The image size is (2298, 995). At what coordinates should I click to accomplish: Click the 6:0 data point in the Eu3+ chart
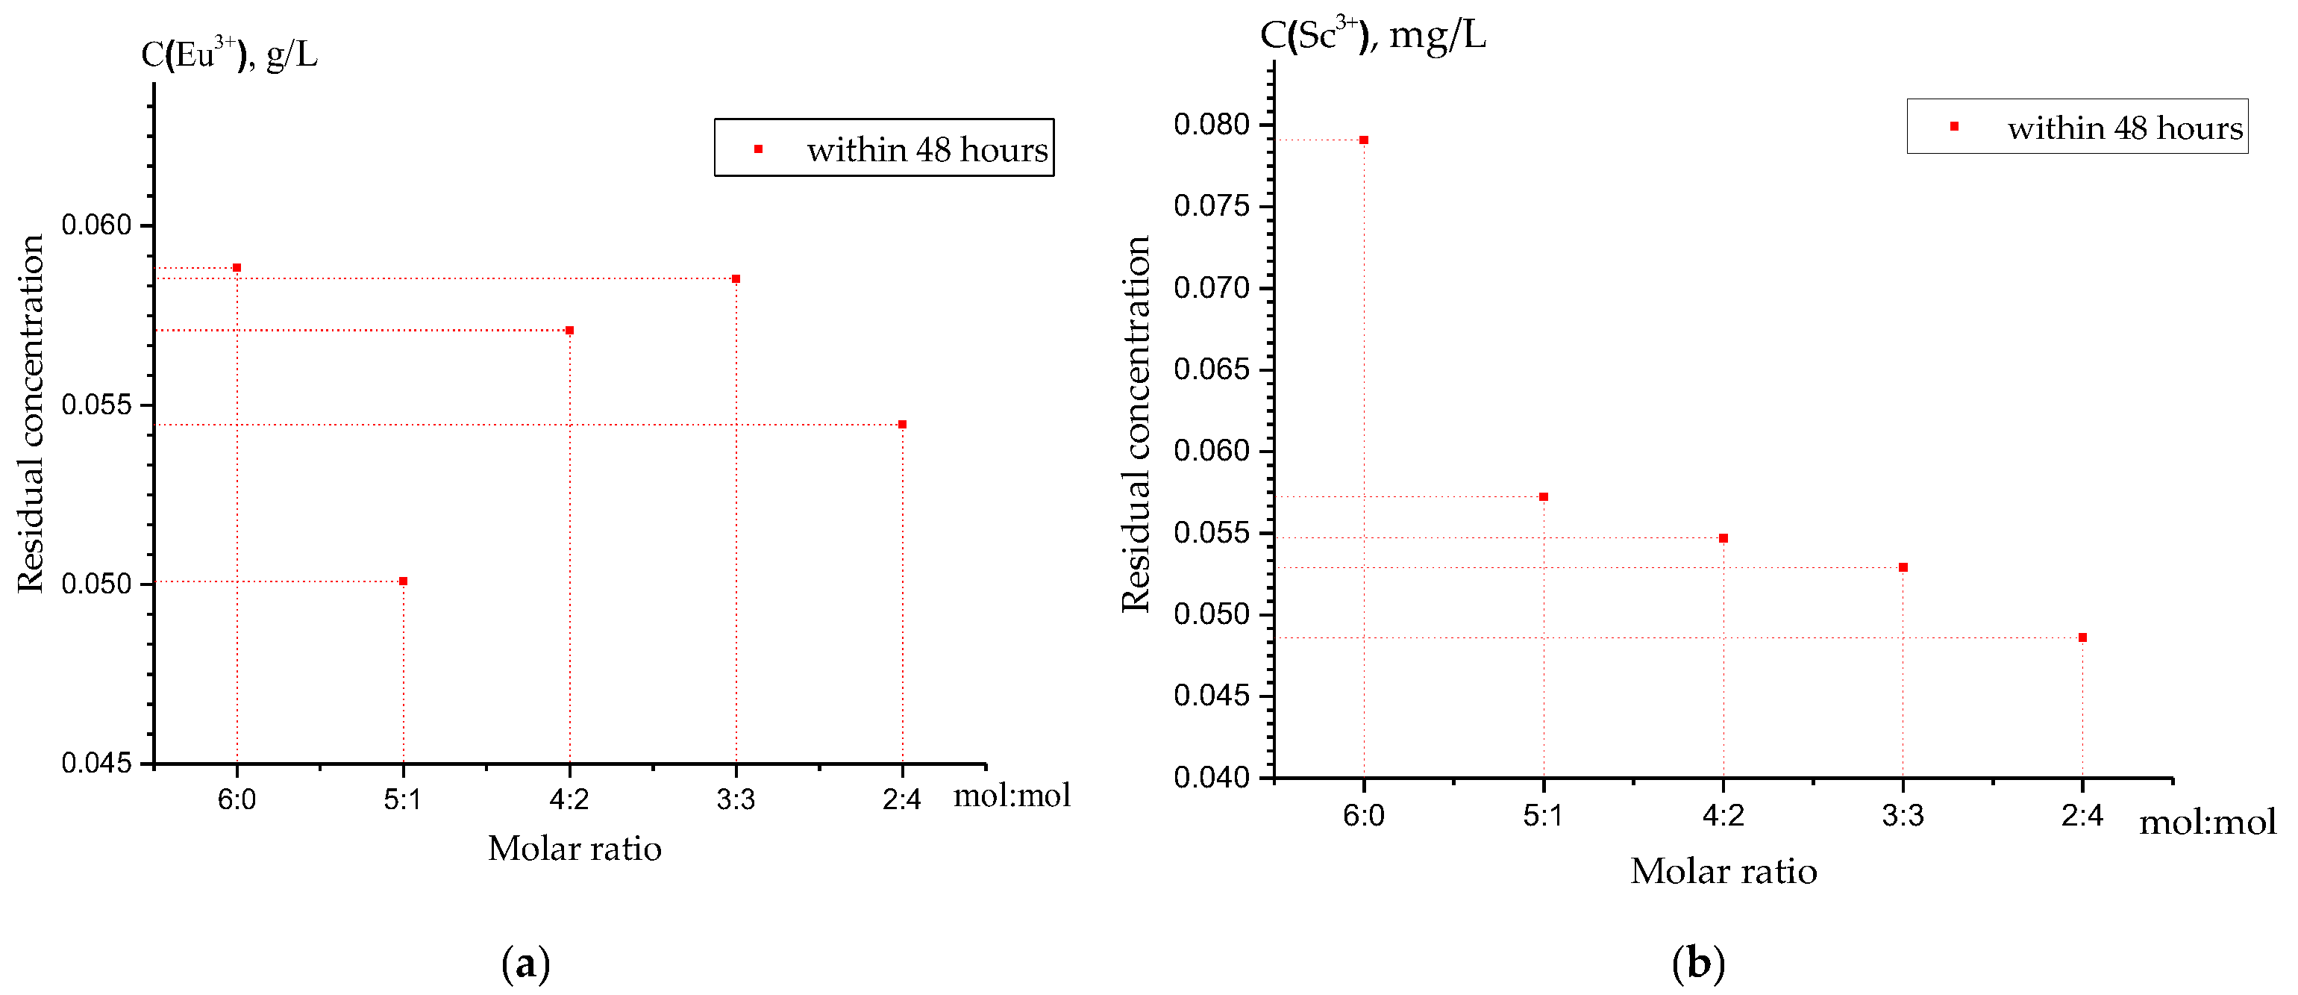pos(237,268)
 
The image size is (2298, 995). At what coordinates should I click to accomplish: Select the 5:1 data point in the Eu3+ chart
pos(403,581)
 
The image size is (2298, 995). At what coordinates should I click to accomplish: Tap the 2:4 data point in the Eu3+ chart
pos(903,425)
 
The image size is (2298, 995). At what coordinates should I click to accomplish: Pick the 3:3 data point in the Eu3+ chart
pos(736,279)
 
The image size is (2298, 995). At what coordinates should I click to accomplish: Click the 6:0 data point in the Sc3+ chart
pos(1364,140)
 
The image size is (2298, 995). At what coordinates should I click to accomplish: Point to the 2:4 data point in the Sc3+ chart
pos(2082,637)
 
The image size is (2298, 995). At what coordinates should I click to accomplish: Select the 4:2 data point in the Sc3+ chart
pos(1724,538)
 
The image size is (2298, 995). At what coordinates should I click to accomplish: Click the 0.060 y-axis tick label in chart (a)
pos(96,225)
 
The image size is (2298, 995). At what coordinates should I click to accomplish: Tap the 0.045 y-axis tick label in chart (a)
pos(96,763)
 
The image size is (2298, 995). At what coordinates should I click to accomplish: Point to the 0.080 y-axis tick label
pos(1212,124)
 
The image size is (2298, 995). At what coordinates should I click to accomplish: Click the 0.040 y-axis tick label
pos(1212,777)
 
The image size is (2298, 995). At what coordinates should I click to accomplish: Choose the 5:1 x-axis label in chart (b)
pos(1543,815)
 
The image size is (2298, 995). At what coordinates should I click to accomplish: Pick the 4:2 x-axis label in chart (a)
pos(569,799)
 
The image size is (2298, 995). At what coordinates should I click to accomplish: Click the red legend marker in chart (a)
pos(758,149)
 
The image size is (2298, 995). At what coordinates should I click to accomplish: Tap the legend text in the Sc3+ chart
pos(2125,128)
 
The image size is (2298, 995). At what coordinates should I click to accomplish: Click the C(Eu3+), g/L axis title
pos(229,54)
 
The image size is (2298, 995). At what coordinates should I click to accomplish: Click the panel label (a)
pos(525,964)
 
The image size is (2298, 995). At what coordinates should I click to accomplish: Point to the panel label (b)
pos(1697,964)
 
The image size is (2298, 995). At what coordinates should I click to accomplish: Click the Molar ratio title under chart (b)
pos(1724,871)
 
